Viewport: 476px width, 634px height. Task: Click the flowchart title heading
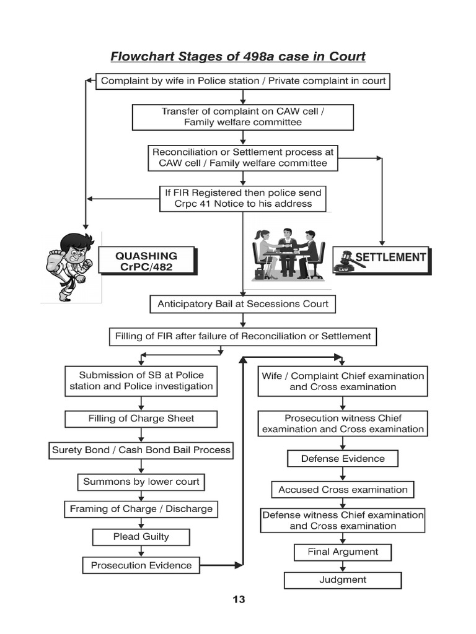pyautogui.click(x=238, y=56)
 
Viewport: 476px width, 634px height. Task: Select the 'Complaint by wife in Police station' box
pyautogui.click(x=243, y=81)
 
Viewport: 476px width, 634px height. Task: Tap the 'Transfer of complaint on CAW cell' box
pyautogui.click(x=243, y=116)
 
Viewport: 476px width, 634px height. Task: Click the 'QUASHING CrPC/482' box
pyautogui.click(x=146, y=261)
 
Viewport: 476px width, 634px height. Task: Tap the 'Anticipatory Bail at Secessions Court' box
pyautogui.click(x=243, y=304)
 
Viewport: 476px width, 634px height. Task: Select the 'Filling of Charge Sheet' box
pyautogui.click(x=141, y=419)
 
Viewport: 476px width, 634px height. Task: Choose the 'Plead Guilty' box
pyautogui.click(x=141, y=537)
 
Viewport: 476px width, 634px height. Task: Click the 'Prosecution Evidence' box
pyautogui.click(x=141, y=565)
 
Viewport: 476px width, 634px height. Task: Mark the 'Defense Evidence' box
pyautogui.click(x=343, y=459)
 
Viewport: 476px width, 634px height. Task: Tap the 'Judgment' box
pyautogui.click(x=343, y=580)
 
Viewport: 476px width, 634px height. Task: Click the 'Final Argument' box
pyautogui.click(x=343, y=552)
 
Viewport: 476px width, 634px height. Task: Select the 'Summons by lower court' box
pyautogui.click(x=141, y=481)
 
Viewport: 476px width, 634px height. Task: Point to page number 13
pyautogui.click(x=239, y=599)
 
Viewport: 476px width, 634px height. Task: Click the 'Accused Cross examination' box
pyautogui.click(x=343, y=490)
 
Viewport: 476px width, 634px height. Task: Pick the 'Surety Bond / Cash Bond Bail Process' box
pyautogui.click(x=141, y=450)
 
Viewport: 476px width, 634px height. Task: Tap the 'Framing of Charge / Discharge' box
pyautogui.click(x=141, y=509)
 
